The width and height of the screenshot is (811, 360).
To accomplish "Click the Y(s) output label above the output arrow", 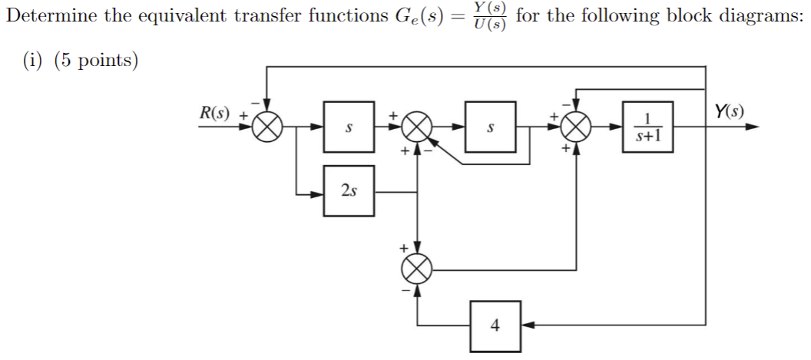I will click(728, 111).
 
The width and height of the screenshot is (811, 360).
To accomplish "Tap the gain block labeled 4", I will click(495, 325).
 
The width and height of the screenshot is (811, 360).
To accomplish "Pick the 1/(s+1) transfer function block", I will click(647, 127).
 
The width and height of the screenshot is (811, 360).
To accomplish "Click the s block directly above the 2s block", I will click(349, 127).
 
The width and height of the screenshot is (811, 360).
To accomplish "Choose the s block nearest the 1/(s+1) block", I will click(489, 127).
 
